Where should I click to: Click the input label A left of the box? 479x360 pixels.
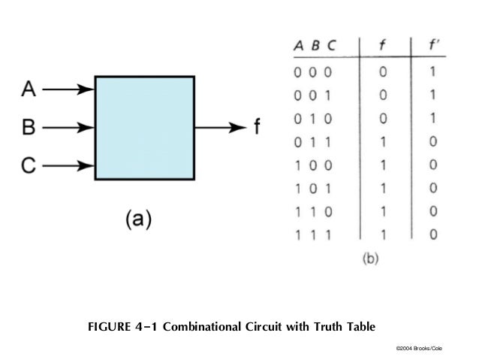pos(28,90)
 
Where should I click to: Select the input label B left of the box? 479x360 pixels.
pos(28,128)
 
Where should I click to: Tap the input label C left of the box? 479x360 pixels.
pos(28,165)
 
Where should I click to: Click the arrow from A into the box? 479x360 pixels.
pos(68,90)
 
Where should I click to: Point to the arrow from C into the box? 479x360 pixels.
pos(68,165)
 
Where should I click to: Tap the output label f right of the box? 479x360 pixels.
pos(257,127)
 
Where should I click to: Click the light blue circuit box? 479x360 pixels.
pos(145,126)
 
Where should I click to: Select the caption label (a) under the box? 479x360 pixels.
pos(137,219)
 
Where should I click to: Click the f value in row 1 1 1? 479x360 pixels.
pos(384,234)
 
